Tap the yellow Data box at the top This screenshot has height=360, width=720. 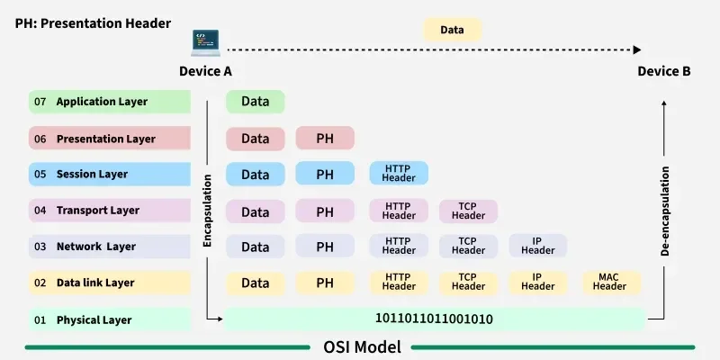pos(452,30)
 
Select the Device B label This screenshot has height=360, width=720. pos(664,71)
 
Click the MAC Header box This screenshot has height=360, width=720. pos(609,283)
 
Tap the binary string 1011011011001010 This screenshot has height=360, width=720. pos(434,319)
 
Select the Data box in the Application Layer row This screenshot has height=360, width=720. pos(255,102)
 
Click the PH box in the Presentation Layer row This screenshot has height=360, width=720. pos(325,138)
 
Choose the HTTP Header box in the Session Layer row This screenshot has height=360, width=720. pos(399,173)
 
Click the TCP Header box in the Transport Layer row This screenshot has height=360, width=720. pos(468,211)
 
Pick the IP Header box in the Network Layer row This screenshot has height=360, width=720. pos(537,247)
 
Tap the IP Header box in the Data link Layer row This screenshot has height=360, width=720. pos(537,283)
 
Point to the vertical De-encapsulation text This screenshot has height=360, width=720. pos(665,211)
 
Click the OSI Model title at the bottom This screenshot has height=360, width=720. pos(362,346)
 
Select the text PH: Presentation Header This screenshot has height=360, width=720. pos(92,23)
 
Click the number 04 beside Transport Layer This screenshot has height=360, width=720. pos(40,211)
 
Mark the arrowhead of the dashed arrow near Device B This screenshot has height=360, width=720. pos(637,50)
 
